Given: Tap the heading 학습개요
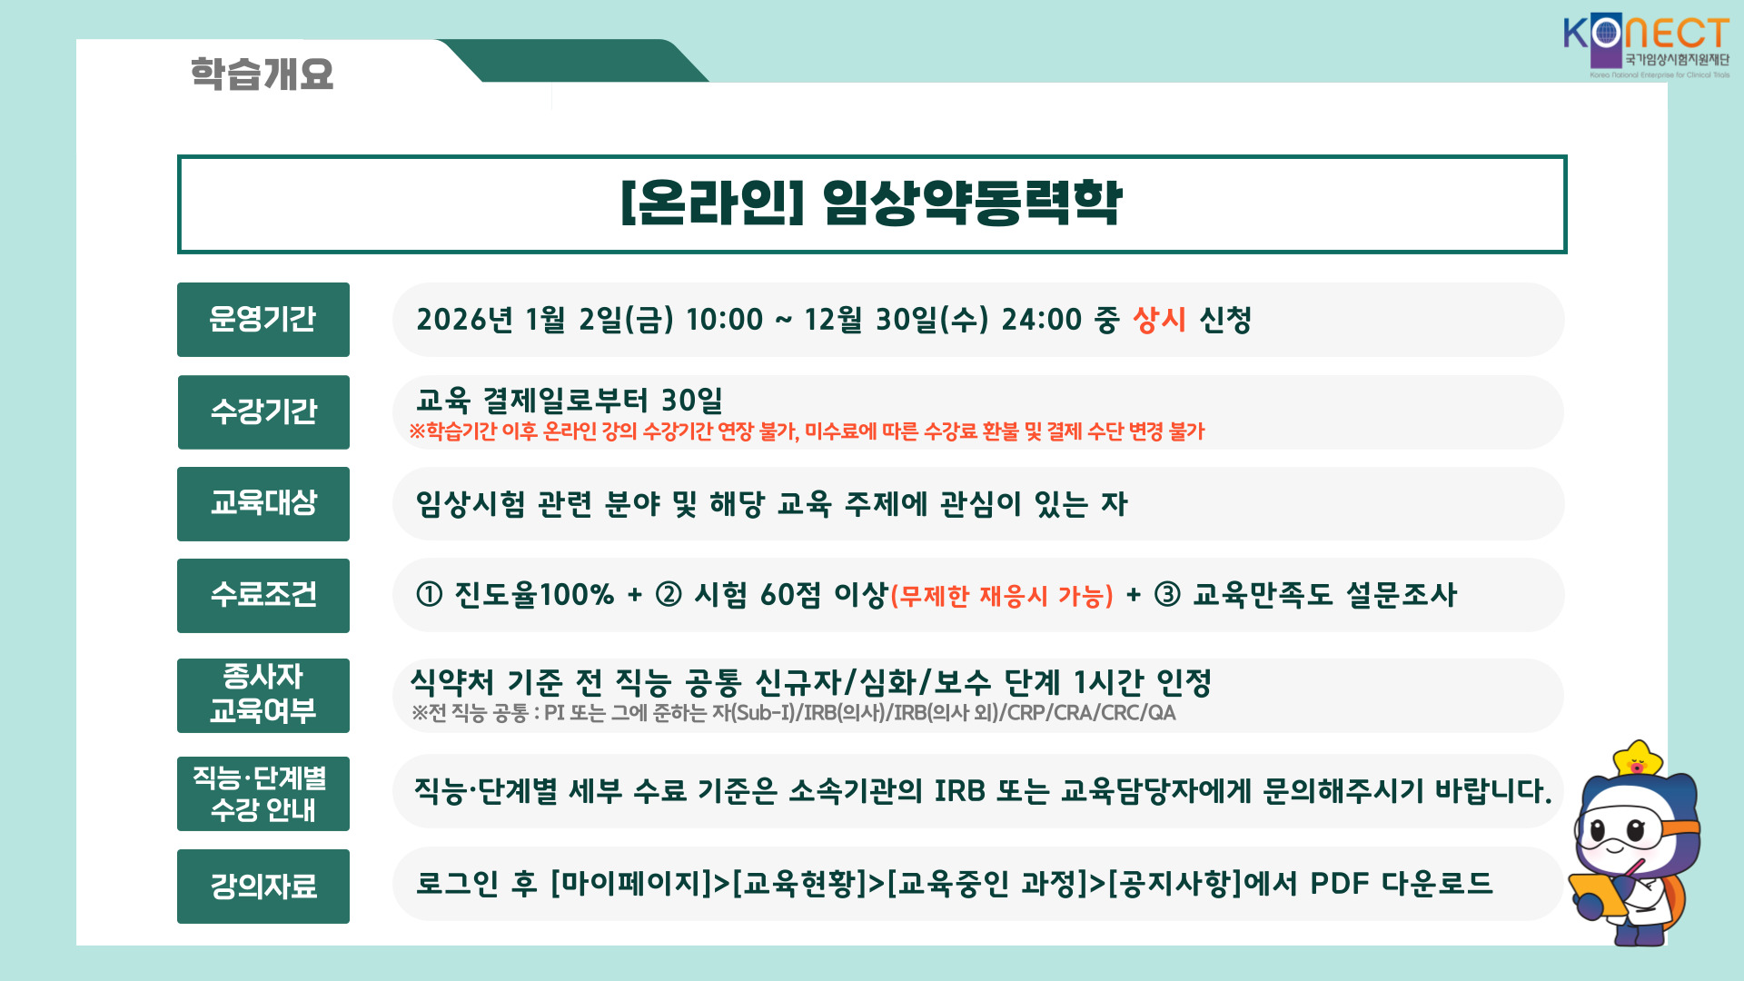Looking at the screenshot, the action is pos(262,74).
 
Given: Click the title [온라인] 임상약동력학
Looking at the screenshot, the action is pos(871,203).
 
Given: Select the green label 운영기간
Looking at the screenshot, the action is pos(263,319).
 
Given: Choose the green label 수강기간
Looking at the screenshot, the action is pos(263,411).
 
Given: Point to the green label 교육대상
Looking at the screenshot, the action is pos(263,503).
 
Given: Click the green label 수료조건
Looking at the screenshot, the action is pos(263,595).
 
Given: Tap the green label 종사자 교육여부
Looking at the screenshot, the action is pos(263,695).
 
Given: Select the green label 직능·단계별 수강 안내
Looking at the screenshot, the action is pos(263,793).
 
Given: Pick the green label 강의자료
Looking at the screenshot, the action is pos(263,886).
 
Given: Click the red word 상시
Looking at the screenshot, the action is pos(1159,320).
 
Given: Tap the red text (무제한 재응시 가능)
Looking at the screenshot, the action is pos(1002,596).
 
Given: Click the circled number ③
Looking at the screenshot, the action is pos(1167,595).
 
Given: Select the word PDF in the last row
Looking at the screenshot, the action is pos(1339,883).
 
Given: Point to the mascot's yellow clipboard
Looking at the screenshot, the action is pos(1600,894).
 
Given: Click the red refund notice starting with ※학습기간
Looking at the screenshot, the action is pos(807,431).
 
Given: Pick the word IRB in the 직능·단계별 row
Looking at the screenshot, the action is pos(960,790).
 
